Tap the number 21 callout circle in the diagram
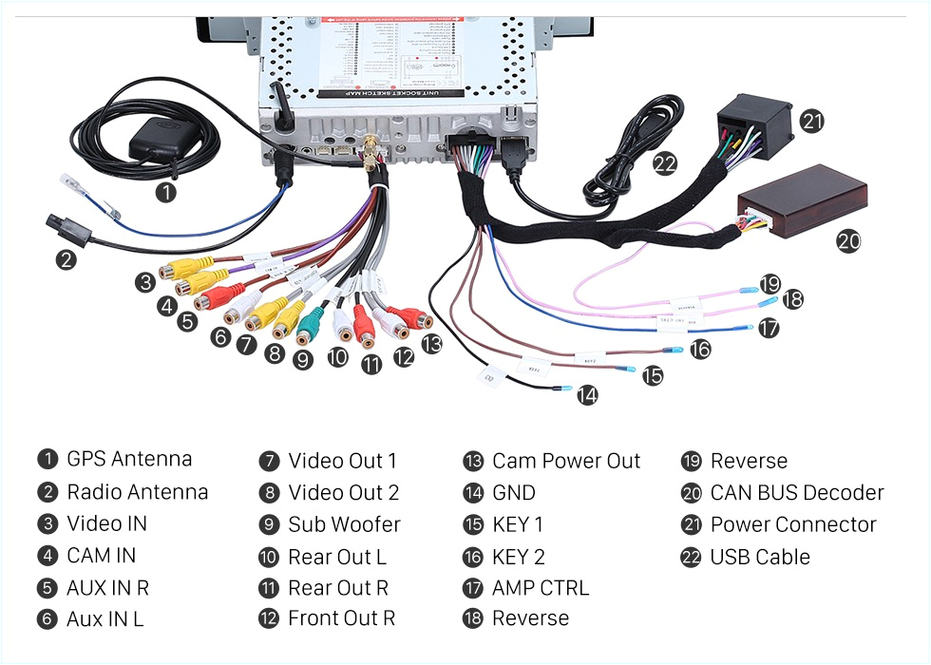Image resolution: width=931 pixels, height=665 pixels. tap(811, 121)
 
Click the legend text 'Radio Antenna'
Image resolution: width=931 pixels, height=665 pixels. tap(137, 492)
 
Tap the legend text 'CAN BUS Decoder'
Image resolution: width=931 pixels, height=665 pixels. tap(796, 493)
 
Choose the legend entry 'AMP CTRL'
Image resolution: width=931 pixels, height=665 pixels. tap(540, 587)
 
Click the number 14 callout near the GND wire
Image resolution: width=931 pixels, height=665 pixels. tap(587, 394)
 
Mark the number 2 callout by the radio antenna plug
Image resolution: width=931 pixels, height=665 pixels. tap(65, 258)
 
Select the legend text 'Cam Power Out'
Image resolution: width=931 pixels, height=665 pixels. tap(565, 462)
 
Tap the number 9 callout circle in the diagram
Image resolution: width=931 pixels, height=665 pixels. tap(303, 359)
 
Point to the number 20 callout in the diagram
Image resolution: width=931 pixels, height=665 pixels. tap(847, 241)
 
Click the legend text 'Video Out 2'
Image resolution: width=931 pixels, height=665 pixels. tap(343, 493)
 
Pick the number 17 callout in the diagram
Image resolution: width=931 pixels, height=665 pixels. tap(768, 328)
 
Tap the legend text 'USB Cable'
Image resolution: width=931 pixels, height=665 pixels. tap(759, 557)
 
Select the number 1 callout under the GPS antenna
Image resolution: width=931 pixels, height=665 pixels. tap(165, 192)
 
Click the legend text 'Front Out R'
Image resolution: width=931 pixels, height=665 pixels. tap(341, 618)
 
